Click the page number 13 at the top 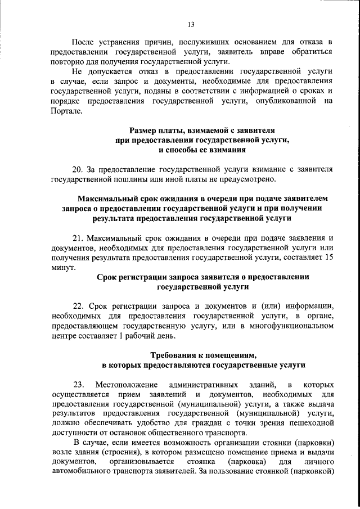pos(191,24)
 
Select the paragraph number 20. pos(78,169)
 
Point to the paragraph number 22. pos(78,306)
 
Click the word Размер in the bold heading pos(145,130)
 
